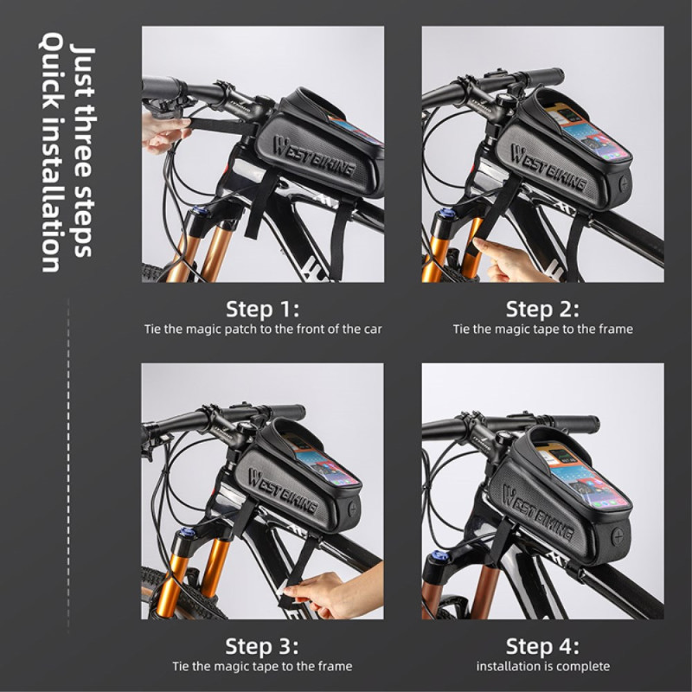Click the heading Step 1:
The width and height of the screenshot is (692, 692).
coord(263,309)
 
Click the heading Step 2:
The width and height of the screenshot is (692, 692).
coord(542,309)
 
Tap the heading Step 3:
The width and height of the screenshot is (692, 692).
coord(262,646)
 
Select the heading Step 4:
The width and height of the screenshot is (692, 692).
coord(542,646)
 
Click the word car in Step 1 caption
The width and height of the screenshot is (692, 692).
coord(373,330)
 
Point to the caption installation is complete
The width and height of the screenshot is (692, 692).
coord(543,666)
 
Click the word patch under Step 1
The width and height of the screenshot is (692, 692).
coord(240,330)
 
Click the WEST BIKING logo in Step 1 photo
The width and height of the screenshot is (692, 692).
coord(314,157)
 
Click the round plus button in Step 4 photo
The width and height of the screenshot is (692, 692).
coord(618,537)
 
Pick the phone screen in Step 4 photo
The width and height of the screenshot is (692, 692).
coord(581,479)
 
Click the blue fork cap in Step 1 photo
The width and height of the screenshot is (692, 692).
coord(197,209)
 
